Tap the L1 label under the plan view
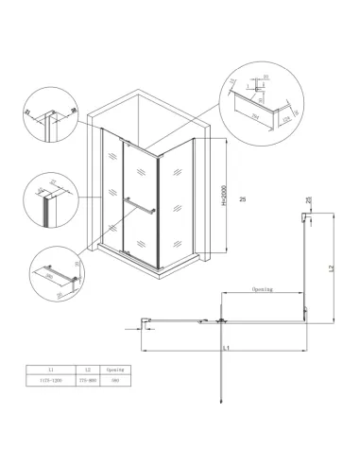[x=228, y=350]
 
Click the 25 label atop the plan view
[x=309, y=200]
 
